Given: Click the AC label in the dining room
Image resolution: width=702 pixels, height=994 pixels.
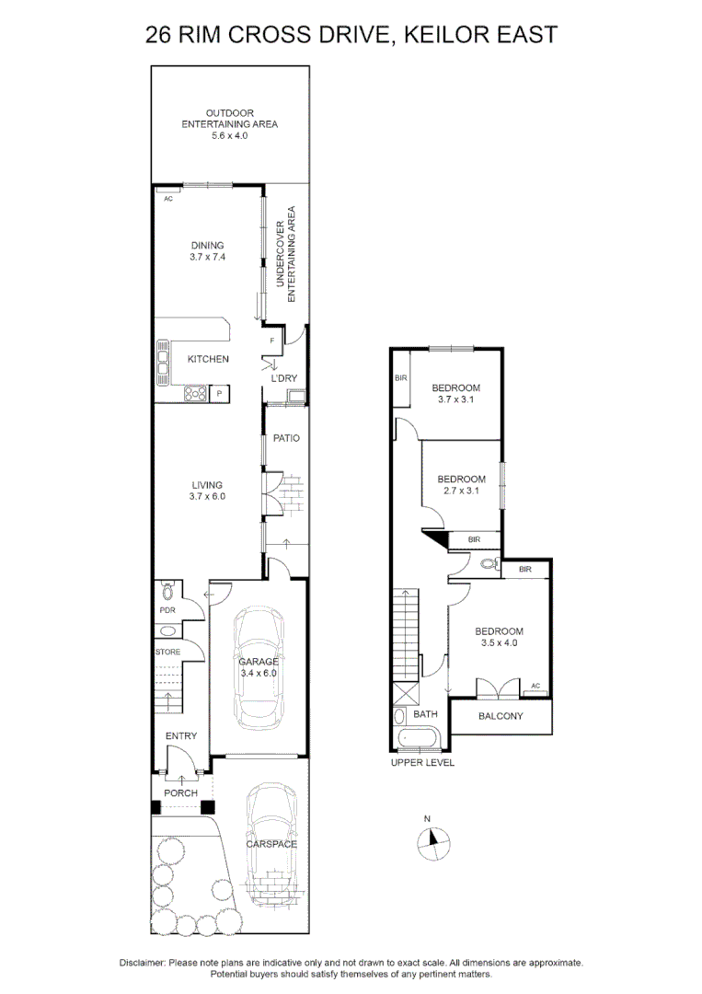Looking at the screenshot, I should [x=168, y=198].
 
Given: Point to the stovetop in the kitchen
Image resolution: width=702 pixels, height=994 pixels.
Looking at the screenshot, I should [x=195, y=394].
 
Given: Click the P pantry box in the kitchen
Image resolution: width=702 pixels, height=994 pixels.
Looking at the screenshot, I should [x=219, y=394].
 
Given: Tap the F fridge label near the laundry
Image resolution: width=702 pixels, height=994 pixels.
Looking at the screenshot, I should [x=271, y=341].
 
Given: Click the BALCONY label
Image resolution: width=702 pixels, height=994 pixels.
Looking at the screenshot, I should [x=501, y=716].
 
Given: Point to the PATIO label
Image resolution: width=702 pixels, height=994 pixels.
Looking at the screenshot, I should [x=286, y=438].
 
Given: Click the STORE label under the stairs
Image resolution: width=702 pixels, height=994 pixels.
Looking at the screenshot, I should [x=167, y=652].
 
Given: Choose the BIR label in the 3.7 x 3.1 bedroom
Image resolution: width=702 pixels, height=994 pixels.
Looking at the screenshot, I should [x=400, y=378].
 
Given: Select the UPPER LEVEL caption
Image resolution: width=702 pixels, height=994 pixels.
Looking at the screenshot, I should [x=422, y=762].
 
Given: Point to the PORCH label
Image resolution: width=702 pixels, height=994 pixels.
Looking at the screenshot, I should [x=180, y=792].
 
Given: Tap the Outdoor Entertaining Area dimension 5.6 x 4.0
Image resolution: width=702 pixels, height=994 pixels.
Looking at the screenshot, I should [x=229, y=135].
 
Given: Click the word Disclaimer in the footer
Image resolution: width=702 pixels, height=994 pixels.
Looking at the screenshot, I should [x=142, y=962].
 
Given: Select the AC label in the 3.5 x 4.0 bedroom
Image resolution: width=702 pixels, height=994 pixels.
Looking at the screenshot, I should [x=535, y=686].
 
